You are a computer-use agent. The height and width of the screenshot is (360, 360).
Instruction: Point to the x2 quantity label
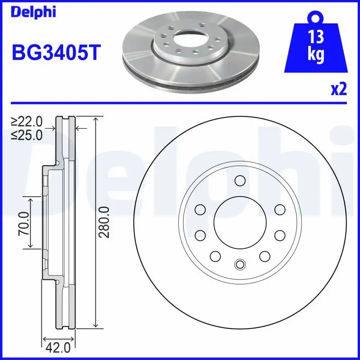tap(338, 90)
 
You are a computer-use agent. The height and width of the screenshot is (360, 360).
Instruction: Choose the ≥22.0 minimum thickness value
tap(27, 121)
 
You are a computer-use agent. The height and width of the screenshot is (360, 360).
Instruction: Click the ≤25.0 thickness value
tap(27, 134)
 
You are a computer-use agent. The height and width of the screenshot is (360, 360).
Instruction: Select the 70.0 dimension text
tap(23, 223)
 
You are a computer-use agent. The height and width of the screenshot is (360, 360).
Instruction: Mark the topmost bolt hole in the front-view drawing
tap(239, 181)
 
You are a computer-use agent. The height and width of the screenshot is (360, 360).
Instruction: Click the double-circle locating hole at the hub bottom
tap(239, 264)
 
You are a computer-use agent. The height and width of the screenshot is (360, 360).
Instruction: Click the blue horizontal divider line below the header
tap(180, 102)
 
